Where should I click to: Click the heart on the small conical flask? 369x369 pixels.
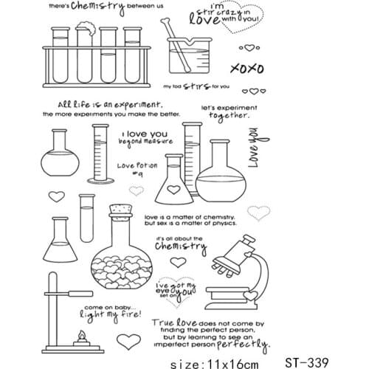pos(172,190)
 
